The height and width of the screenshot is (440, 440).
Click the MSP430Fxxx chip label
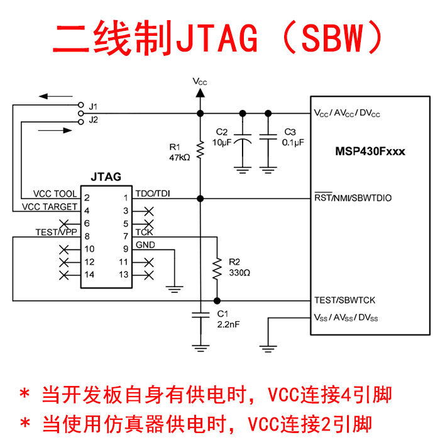tap(370, 151)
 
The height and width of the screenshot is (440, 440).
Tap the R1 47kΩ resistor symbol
tap(200, 150)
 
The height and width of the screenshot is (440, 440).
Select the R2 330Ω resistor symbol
tap(217, 268)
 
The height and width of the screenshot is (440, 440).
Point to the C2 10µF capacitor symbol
tap(242, 137)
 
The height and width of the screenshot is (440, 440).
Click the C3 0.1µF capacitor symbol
tap(268, 137)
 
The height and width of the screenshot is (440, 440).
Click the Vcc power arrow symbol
tap(200, 93)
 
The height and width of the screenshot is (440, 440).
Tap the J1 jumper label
tap(94, 105)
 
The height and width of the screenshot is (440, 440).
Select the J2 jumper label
tap(94, 119)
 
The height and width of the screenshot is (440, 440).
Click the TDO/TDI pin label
tap(151, 194)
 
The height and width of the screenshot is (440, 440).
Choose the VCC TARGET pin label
tap(50, 206)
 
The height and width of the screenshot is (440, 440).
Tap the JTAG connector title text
tap(106, 177)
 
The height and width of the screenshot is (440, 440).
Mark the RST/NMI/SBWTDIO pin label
tap(353, 198)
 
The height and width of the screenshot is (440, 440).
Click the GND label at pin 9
tap(145, 245)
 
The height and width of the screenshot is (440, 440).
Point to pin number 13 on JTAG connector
tap(124, 275)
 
